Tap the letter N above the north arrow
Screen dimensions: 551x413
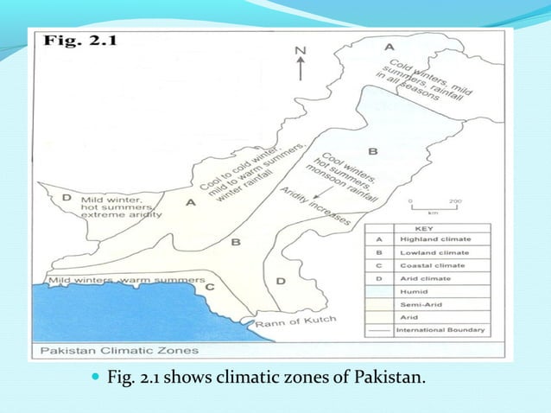click(301, 51)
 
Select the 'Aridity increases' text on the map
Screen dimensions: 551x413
click(316, 206)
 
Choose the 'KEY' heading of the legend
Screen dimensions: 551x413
click(427, 228)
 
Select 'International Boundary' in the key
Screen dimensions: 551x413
click(440, 330)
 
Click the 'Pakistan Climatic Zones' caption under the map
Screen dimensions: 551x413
click(117, 350)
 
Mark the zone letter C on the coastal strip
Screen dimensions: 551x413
click(208, 284)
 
